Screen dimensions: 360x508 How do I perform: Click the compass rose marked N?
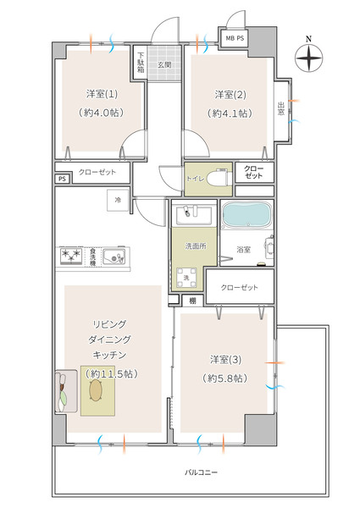(309, 58)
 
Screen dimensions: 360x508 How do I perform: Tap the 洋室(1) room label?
(102, 94)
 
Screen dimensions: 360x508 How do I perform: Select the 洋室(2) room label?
(230, 95)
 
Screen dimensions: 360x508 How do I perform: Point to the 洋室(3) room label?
(225, 360)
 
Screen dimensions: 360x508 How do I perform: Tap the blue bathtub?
(246, 215)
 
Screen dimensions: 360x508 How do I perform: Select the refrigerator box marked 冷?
(118, 200)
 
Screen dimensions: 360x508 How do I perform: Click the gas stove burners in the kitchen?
(71, 256)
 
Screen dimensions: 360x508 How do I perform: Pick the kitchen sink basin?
(114, 257)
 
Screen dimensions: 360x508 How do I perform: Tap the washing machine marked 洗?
(186, 278)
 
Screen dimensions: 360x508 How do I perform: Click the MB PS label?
(235, 38)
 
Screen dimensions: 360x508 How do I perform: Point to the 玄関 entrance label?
(164, 65)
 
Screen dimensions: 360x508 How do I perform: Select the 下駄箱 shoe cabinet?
(141, 63)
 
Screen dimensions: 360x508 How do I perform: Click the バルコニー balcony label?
(202, 472)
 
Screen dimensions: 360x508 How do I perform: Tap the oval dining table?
(96, 390)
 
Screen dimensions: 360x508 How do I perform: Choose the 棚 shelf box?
(193, 301)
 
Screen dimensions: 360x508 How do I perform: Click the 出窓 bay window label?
(281, 109)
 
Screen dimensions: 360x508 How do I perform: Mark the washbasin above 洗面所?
(194, 214)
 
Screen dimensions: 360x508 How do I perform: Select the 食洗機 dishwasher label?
(92, 256)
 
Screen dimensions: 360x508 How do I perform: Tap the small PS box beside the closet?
(62, 179)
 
